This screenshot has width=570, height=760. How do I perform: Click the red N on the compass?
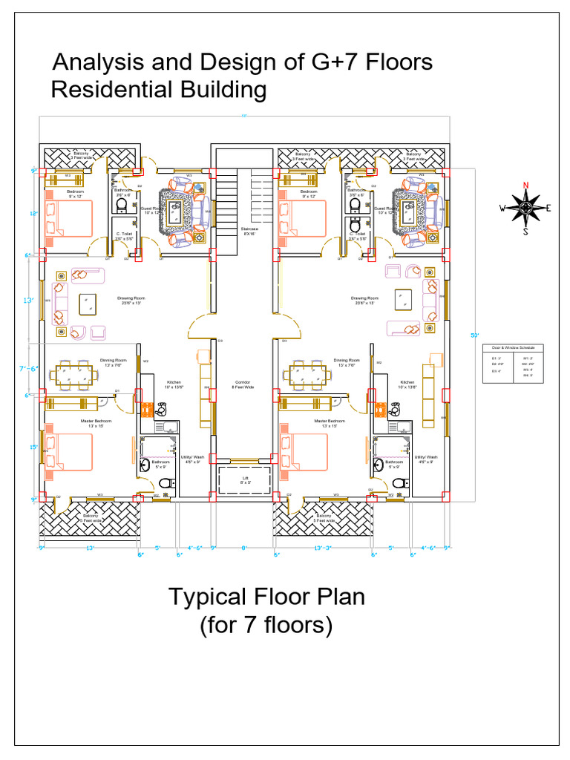point(525,186)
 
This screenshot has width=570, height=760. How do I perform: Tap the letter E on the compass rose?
point(548,208)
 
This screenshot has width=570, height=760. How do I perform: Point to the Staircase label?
point(249,231)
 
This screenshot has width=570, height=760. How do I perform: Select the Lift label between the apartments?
point(246,480)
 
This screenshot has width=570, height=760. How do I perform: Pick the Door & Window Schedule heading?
point(513,347)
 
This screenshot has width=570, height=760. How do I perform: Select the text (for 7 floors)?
point(266,625)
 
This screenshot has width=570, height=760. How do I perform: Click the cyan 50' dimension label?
point(475,335)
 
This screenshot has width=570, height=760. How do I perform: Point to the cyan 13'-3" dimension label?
point(323,548)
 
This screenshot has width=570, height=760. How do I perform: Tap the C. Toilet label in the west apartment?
point(123,235)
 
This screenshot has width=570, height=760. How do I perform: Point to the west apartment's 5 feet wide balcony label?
point(91,517)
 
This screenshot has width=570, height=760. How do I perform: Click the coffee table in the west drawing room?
point(88,302)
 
